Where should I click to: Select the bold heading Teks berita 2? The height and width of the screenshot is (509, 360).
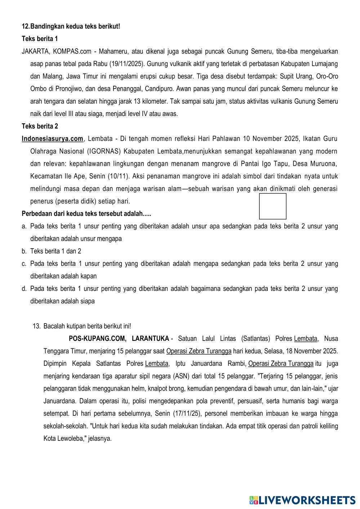[x=40, y=126]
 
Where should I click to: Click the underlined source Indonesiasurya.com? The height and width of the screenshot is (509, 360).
[x=52, y=139]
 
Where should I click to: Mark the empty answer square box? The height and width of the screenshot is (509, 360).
[x=273, y=206]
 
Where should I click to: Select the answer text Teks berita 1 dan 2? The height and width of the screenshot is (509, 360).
[x=55, y=251]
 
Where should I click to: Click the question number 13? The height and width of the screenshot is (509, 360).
[x=36, y=326]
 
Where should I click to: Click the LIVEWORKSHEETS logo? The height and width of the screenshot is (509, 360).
[x=302, y=500]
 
